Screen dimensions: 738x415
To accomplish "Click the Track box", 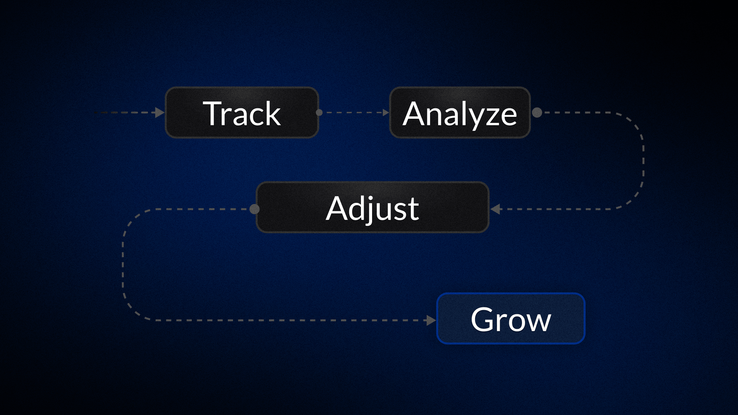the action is coord(242,113).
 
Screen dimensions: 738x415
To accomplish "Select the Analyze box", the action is coord(460,113).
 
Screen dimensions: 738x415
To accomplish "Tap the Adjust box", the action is coord(372,207).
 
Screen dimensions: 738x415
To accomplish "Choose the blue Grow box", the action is coord(510,319).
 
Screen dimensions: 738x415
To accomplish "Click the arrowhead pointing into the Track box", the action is coord(160,113).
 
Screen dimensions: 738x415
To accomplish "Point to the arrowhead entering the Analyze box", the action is coord(386,113).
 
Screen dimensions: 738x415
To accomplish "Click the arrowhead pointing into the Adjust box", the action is coord(495,209).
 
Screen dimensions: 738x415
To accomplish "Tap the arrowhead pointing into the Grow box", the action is coord(431,320).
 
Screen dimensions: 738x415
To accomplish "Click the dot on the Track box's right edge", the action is coord(319,113).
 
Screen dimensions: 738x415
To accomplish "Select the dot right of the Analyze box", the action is coord(537,113).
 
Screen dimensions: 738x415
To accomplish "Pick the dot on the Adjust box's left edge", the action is coord(254,209).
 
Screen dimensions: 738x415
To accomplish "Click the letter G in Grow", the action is coord(483,319).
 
